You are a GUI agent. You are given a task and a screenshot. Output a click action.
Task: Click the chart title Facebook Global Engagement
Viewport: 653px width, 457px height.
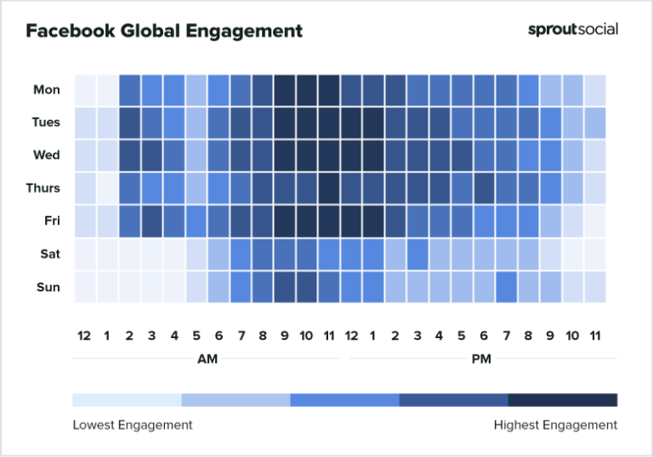(x=164, y=31)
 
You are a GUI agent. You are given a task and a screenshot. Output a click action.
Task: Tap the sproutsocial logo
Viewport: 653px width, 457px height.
(x=573, y=29)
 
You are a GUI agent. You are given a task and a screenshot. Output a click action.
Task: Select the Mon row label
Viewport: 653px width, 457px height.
(x=47, y=89)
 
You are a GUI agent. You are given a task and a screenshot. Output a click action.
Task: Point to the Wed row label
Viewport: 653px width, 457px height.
(x=47, y=155)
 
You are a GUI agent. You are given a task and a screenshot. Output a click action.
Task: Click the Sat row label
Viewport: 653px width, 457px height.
(x=49, y=254)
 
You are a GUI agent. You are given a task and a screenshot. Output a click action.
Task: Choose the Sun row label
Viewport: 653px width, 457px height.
(x=48, y=287)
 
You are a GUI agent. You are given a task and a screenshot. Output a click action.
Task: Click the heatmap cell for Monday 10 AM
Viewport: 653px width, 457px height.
(x=307, y=89)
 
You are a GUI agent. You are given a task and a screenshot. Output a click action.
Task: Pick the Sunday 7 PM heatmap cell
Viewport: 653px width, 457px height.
(x=506, y=287)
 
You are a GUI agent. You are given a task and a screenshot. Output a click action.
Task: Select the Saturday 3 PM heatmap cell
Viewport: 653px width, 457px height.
(x=417, y=254)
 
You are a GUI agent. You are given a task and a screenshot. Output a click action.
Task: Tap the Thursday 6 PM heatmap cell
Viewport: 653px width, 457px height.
(x=484, y=188)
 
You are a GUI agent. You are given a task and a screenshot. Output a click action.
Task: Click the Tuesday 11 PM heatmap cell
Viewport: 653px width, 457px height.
(x=594, y=122)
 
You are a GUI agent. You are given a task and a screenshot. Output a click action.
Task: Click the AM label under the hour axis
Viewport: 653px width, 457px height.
(x=207, y=359)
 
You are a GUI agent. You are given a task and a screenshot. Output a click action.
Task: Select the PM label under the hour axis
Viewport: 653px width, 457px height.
(x=480, y=359)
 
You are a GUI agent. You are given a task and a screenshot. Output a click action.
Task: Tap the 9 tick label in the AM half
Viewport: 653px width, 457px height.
(x=285, y=336)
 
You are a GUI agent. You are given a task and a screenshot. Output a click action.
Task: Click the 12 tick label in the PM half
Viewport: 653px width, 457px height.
(x=351, y=336)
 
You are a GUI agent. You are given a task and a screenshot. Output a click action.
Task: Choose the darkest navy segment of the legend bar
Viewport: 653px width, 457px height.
(x=562, y=400)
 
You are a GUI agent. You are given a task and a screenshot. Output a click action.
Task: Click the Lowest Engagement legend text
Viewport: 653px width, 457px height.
(x=132, y=425)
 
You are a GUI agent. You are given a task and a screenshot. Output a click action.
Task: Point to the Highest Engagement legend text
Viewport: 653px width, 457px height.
(x=555, y=425)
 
